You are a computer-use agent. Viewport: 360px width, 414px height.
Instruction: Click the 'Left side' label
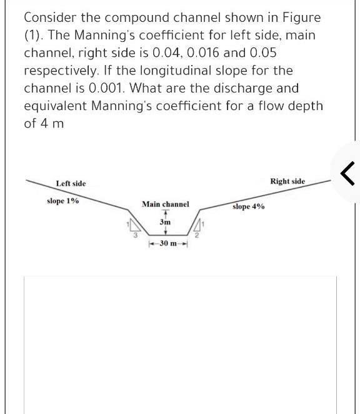tap(71, 183)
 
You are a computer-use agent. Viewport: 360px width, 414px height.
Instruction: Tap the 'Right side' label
tap(287, 181)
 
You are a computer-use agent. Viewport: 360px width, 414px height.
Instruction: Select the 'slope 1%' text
tap(62, 201)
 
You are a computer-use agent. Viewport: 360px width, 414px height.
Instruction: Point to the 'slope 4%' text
tap(248, 206)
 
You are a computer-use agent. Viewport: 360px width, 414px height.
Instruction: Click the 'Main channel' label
tap(165, 204)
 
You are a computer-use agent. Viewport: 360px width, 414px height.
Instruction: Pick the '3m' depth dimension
tap(165, 222)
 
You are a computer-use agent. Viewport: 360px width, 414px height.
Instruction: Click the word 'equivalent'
tap(55, 106)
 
